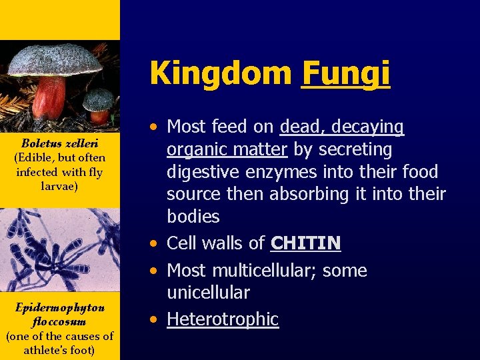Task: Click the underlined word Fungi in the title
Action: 345,73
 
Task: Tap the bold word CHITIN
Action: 305,243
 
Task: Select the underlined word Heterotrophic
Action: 222,319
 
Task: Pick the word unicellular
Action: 208,293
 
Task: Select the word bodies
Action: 193,217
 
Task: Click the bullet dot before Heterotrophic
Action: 154,319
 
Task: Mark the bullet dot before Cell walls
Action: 154,243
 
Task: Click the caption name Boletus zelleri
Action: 60,143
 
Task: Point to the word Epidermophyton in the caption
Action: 60,307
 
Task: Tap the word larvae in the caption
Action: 59,186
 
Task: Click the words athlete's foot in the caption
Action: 59,350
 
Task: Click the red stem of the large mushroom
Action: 49,97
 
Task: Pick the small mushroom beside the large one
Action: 99,105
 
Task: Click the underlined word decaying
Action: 371,127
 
